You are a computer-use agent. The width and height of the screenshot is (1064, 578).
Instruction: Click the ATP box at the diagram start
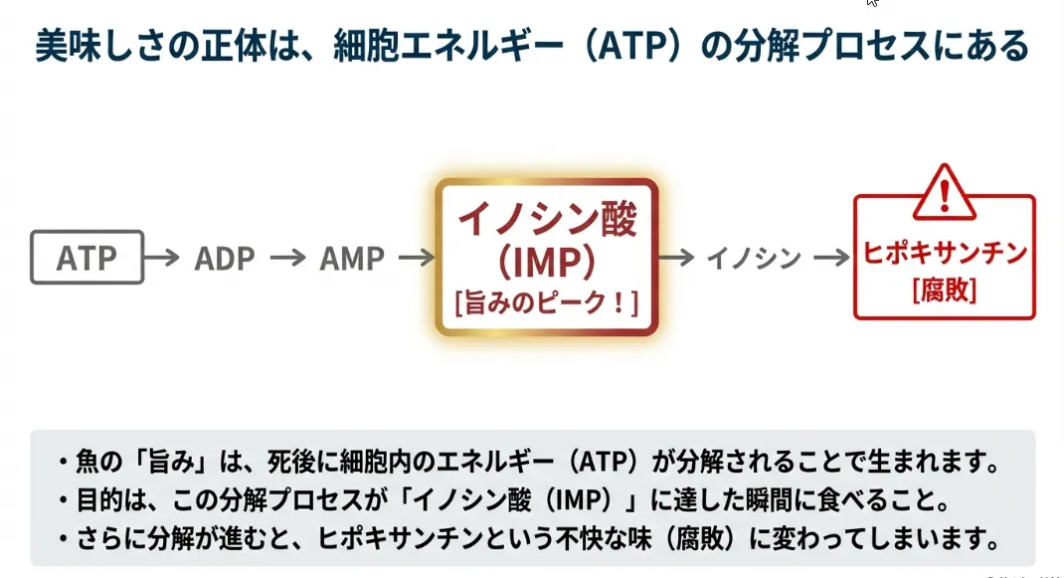click(x=87, y=258)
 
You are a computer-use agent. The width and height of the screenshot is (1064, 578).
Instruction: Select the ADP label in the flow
click(x=225, y=259)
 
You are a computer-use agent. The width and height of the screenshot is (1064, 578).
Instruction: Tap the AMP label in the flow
click(x=351, y=259)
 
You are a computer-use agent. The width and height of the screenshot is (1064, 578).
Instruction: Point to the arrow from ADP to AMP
click(x=287, y=259)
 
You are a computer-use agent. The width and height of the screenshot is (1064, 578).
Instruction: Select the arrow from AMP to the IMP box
click(x=416, y=259)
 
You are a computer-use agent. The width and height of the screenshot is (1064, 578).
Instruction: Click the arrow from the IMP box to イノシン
click(x=676, y=259)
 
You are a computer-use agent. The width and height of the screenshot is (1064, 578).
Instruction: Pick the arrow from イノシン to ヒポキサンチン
click(x=830, y=259)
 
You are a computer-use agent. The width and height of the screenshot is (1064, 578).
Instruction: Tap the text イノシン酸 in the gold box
click(x=546, y=220)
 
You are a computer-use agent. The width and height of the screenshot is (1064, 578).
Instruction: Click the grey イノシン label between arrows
click(x=754, y=259)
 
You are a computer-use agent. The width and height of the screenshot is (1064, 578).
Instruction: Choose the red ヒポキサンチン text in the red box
click(x=944, y=254)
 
